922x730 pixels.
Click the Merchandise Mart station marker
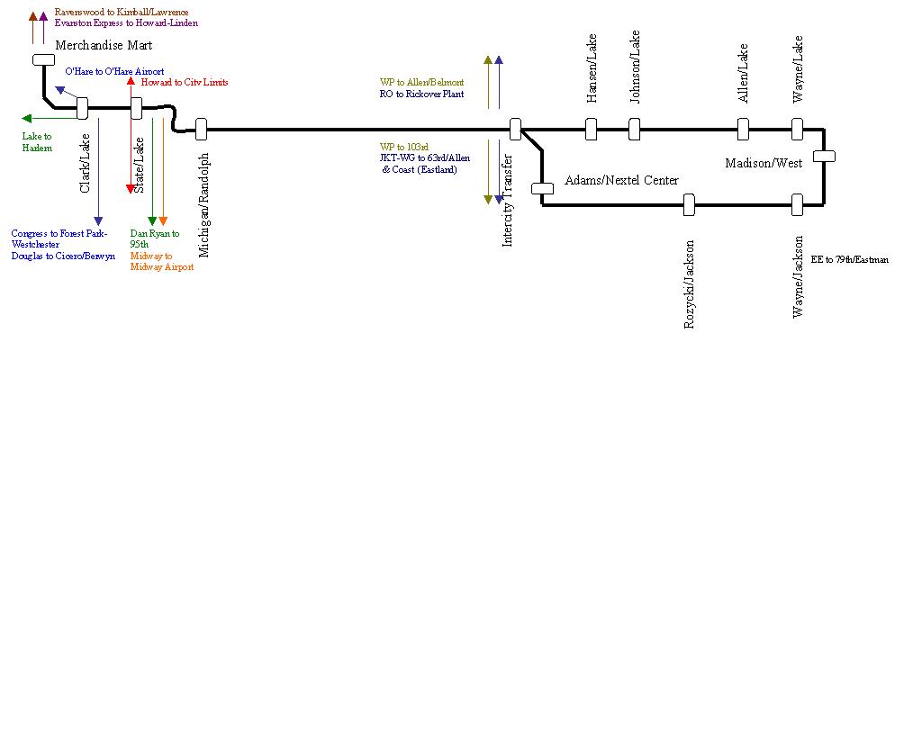43,59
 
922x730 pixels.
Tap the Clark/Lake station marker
82,109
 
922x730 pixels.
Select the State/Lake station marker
137,109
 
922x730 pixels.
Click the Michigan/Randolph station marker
202,130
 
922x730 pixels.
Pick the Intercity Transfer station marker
516,130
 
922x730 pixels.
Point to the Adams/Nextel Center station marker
542,189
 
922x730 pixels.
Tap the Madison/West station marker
824,157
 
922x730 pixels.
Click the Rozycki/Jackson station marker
689,205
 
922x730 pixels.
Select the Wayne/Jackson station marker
797,205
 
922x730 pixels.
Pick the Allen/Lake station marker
743,130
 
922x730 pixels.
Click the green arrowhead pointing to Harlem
26,118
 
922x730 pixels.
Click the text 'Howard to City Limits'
185,82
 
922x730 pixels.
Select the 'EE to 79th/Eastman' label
850,259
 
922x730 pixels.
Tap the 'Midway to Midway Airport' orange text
161,262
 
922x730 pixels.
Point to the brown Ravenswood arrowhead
33,16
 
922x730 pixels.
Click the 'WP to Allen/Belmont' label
421,82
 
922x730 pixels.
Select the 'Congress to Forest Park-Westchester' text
59,239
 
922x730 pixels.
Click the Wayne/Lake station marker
797,130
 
